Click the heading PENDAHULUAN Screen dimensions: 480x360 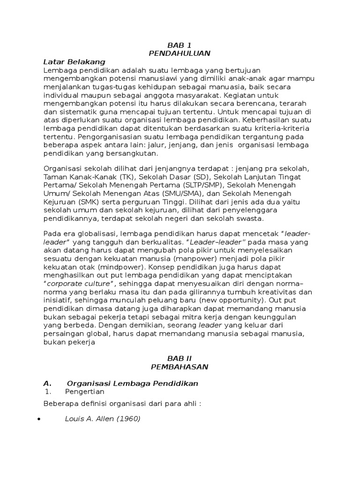coord(180,53)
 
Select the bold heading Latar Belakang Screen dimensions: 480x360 coord(74,61)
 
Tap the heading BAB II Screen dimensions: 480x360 coord(180,359)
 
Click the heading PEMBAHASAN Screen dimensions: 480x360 coord(180,367)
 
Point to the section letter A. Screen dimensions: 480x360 coord(47,383)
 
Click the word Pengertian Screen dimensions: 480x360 coord(85,391)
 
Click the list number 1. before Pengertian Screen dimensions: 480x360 coord(47,391)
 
